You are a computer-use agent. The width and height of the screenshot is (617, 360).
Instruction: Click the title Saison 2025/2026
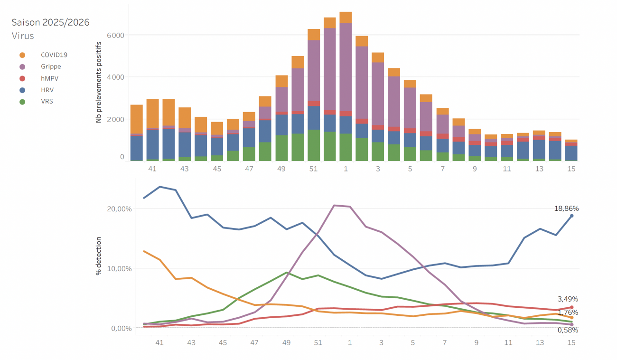click(50, 22)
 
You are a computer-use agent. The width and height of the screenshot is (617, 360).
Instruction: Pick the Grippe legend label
click(51, 66)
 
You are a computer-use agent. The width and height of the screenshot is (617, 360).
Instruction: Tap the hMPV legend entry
click(49, 78)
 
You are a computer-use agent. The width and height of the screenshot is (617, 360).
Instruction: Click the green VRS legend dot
click(22, 101)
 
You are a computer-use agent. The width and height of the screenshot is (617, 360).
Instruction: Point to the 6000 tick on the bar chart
click(116, 35)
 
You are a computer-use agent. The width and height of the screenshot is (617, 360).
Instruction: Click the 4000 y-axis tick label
click(116, 77)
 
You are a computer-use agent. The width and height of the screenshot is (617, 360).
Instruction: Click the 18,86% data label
click(566, 208)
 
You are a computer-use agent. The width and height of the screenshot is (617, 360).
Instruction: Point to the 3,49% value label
click(568, 299)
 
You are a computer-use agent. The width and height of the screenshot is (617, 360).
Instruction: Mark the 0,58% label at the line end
click(568, 330)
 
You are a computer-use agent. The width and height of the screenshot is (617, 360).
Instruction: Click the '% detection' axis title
click(99, 256)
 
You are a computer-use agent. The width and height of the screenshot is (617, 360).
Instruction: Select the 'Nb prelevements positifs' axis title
click(99, 82)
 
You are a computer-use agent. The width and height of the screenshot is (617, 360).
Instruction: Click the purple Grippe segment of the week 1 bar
click(346, 66)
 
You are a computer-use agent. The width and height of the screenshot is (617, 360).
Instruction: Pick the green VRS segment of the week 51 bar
click(314, 145)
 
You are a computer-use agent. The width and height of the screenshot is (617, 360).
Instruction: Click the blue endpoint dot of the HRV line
click(571, 216)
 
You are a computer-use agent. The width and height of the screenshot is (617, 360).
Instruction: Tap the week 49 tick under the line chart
click(286, 342)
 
